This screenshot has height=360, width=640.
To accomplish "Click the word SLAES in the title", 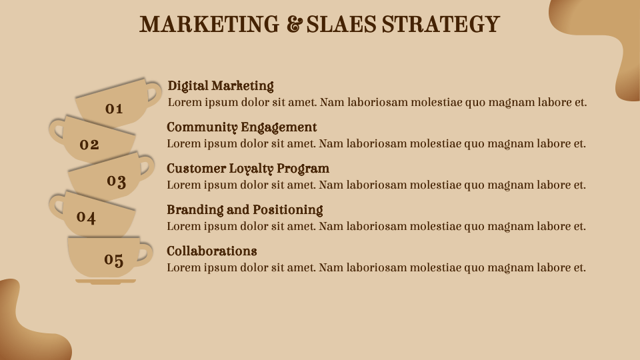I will click(x=341, y=25).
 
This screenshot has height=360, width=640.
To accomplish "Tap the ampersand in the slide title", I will click(x=293, y=25).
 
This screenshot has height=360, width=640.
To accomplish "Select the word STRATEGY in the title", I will click(x=440, y=25).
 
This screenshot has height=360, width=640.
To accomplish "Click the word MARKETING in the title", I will click(x=209, y=25).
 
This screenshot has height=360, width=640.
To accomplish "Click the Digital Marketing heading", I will click(x=221, y=86).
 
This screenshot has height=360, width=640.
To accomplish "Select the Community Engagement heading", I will click(x=241, y=127).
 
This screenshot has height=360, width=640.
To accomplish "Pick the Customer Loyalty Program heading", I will click(x=248, y=169).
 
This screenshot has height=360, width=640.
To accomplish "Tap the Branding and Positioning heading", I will click(x=245, y=210).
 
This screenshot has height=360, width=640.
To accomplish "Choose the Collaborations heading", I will click(x=211, y=251).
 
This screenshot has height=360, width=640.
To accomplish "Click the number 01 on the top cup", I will click(x=114, y=109).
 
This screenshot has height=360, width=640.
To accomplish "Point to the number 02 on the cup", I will click(x=89, y=144).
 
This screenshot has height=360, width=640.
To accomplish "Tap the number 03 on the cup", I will click(x=117, y=181).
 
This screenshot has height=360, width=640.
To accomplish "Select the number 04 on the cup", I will click(x=86, y=217).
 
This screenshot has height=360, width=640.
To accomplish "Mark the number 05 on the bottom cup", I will click(x=114, y=259).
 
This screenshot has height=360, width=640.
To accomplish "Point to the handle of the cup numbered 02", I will click(x=57, y=129).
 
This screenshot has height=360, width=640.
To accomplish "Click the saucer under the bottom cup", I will click(x=105, y=281).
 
